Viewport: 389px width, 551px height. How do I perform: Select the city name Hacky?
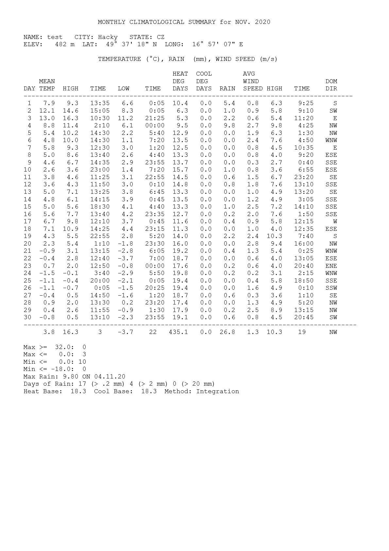click(108, 37)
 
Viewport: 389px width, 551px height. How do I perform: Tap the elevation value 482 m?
click(65, 45)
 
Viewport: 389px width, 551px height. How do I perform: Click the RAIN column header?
click(227, 89)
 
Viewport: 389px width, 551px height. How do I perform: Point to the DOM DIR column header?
click(331, 85)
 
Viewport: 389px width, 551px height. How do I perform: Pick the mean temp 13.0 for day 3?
click(47, 118)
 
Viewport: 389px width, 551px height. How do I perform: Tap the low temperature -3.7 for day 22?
click(126, 259)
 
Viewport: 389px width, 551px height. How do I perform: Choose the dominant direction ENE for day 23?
click(331, 266)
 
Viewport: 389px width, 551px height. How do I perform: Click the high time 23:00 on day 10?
click(100, 170)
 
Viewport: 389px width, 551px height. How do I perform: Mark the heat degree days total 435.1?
click(178, 332)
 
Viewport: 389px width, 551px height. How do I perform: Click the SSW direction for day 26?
click(331, 288)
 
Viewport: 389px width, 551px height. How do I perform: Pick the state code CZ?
click(161, 37)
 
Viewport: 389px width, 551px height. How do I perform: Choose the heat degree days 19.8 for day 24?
click(180, 273)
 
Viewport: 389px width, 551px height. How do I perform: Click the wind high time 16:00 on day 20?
click(304, 244)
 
